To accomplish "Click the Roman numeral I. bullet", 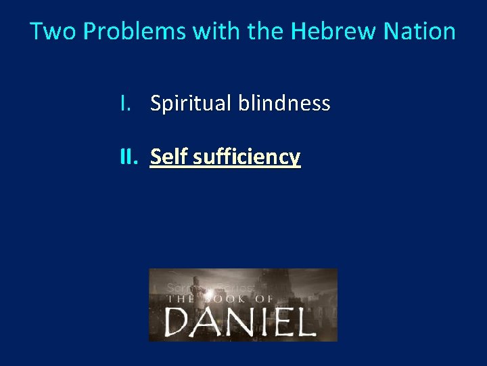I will (x=124, y=103).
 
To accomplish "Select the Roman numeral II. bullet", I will (x=129, y=157).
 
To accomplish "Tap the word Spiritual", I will (x=191, y=104).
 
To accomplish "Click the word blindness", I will (x=284, y=104).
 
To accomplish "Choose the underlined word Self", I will (x=169, y=157).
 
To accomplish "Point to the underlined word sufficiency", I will (x=247, y=157).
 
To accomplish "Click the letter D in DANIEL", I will (x=177, y=321).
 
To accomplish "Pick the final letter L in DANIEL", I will (x=304, y=321).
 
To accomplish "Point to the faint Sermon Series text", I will (x=210, y=287).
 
